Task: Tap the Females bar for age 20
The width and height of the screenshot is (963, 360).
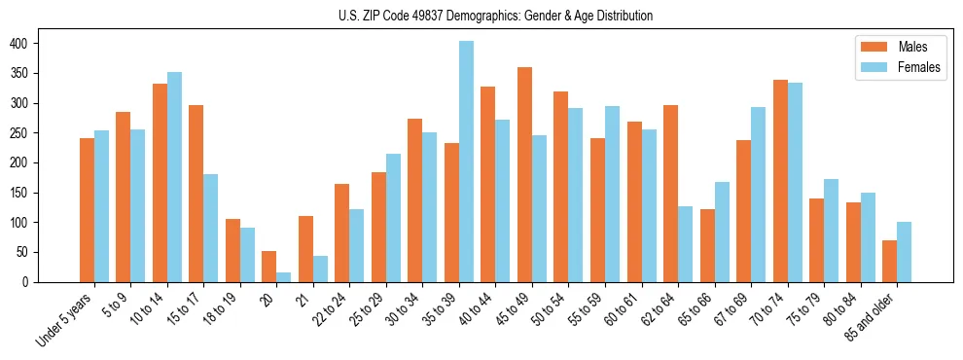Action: (283, 277)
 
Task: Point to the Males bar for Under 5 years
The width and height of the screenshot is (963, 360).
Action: (87, 210)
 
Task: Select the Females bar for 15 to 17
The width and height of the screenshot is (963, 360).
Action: (210, 229)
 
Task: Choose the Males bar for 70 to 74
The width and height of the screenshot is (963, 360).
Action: (780, 181)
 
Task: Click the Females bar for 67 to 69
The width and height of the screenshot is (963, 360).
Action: (758, 195)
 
